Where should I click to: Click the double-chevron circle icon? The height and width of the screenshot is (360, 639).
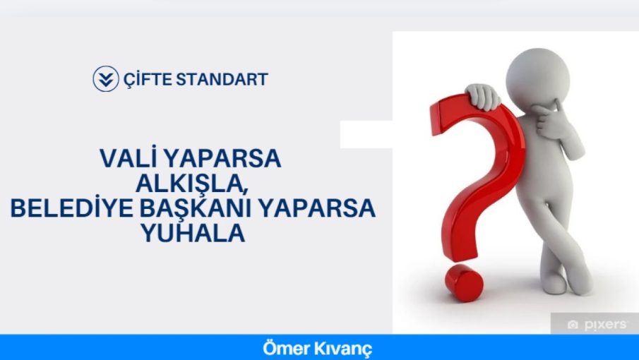pos(105,79)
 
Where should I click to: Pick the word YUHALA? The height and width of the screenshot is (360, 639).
pos(193,234)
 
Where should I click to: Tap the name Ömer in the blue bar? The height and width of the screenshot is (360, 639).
pos(283,348)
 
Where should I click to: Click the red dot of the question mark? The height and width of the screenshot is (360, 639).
pos(464,283)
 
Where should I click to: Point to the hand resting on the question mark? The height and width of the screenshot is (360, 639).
pos(484,97)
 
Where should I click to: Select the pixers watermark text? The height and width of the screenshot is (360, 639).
pos(606,325)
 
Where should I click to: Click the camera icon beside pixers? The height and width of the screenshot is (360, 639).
pos(573,325)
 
